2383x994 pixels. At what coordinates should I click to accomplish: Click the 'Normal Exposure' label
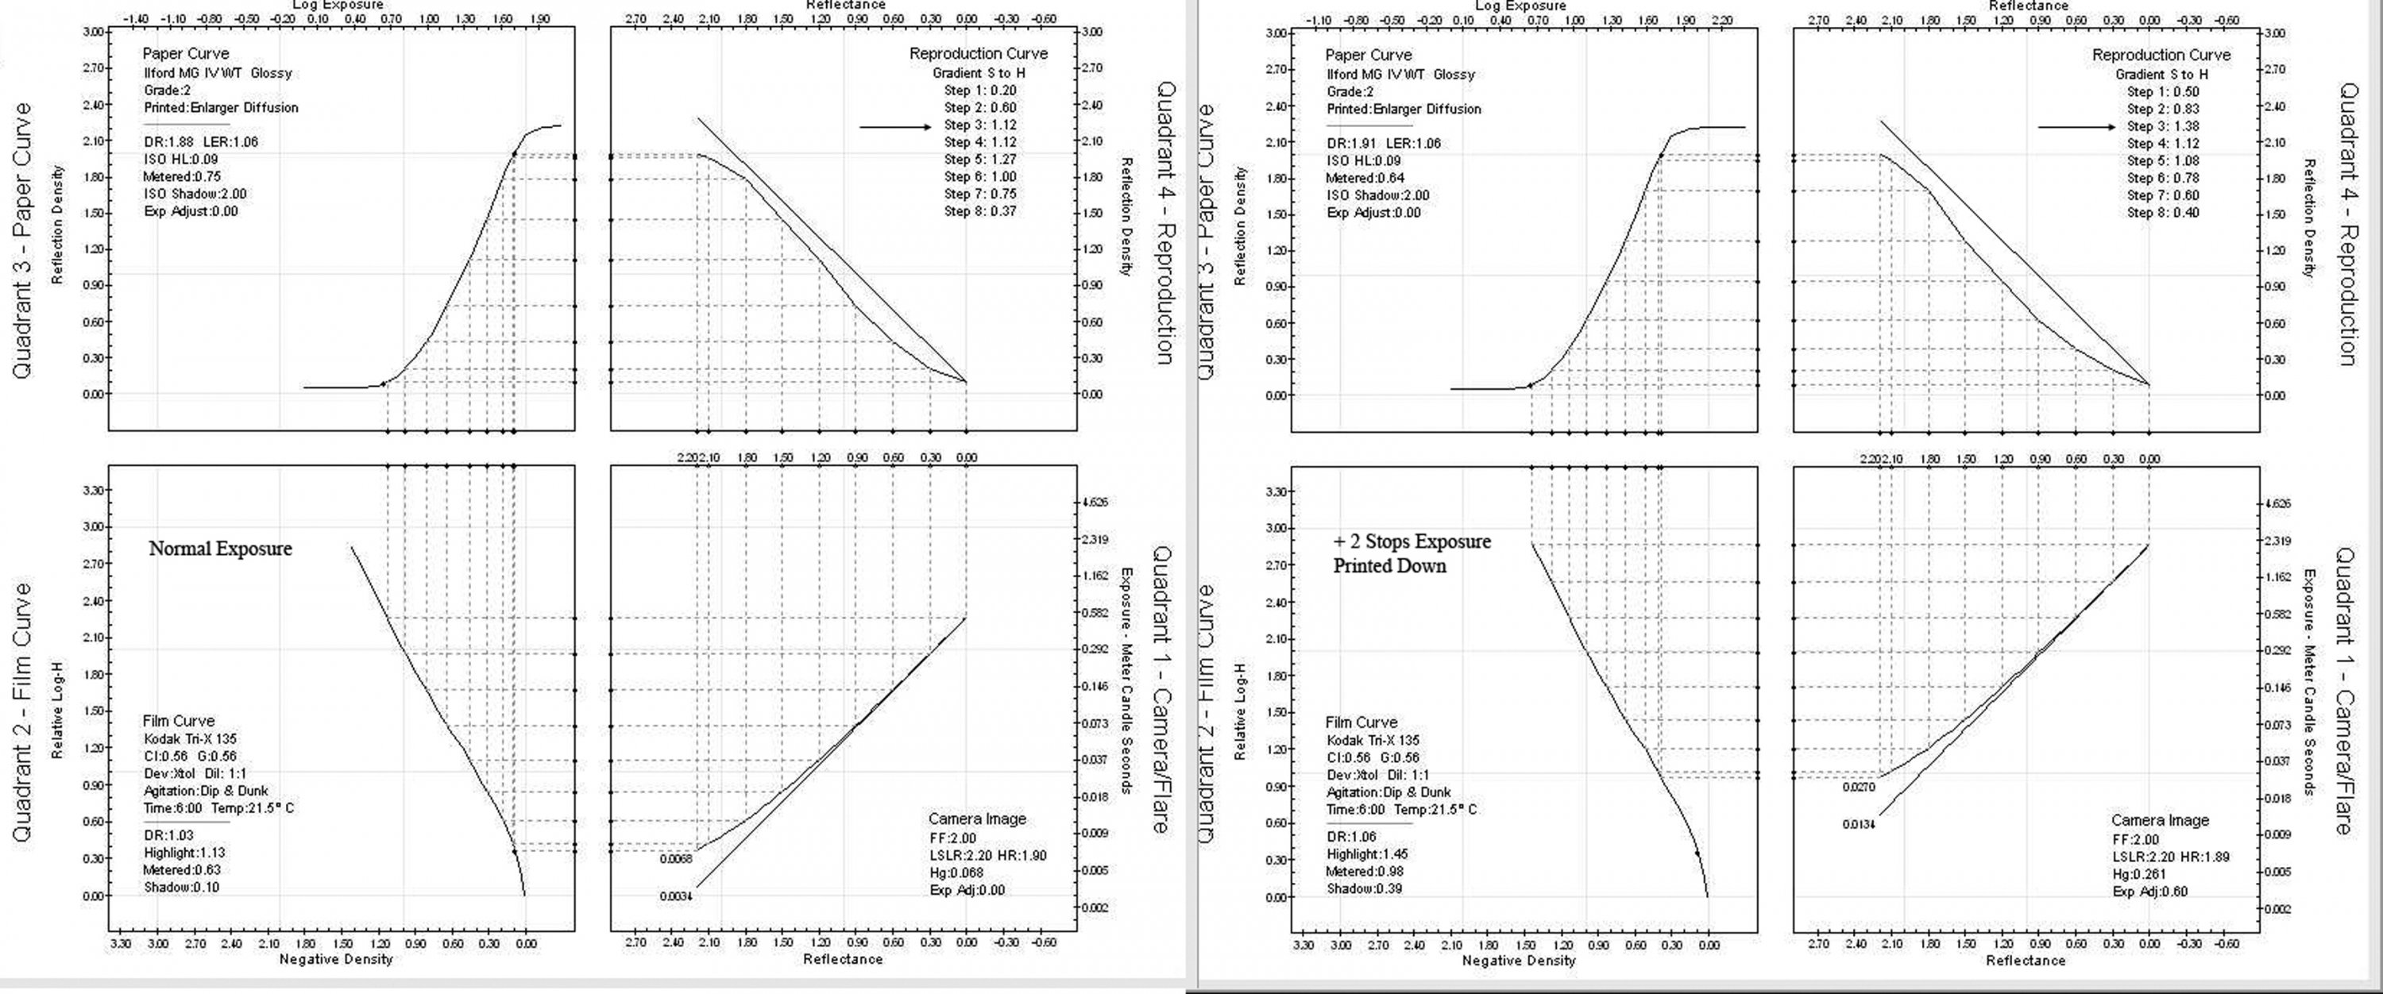(x=220, y=549)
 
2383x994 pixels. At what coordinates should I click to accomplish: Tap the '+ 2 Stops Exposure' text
(x=1412, y=541)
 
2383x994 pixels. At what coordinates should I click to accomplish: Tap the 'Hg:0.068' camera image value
(x=956, y=872)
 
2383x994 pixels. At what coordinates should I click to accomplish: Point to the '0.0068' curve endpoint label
(x=676, y=859)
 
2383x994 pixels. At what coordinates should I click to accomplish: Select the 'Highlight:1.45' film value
(x=1366, y=853)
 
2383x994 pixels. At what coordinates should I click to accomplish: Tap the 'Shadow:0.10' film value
(x=181, y=887)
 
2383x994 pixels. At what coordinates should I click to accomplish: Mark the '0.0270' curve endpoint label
(x=1859, y=788)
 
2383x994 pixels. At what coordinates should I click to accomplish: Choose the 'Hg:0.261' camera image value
(x=2140, y=874)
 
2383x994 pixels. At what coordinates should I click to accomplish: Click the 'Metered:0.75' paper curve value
(x=182, y=175)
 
